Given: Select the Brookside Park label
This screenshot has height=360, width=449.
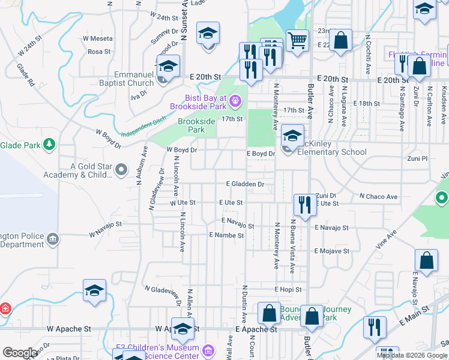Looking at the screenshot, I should pos(196,125).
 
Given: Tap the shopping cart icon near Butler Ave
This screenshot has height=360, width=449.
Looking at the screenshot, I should pos(297,41).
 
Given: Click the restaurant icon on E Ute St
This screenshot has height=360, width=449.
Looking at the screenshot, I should pos(305,205).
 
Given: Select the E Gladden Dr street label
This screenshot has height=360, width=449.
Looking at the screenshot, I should pos(245,184).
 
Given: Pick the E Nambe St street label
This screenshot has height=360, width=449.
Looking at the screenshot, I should pos(226,236).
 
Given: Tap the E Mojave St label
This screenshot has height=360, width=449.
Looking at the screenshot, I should pos(332,251).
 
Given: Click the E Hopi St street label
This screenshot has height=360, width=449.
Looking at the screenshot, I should pos(288,289).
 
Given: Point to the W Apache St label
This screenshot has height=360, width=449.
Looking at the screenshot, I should pos(68,329).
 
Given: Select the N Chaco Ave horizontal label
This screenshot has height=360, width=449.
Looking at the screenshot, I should pos(378,196).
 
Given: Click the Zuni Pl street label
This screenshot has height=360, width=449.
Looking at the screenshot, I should pos(416,158).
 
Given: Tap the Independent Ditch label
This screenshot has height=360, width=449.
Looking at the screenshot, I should pos(143,129).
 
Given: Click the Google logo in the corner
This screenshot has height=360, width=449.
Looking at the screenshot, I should pos(20,353).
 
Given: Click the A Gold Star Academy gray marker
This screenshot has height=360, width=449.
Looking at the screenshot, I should pos(121,171).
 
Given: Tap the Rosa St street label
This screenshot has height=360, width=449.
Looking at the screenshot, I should pos(99,52).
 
